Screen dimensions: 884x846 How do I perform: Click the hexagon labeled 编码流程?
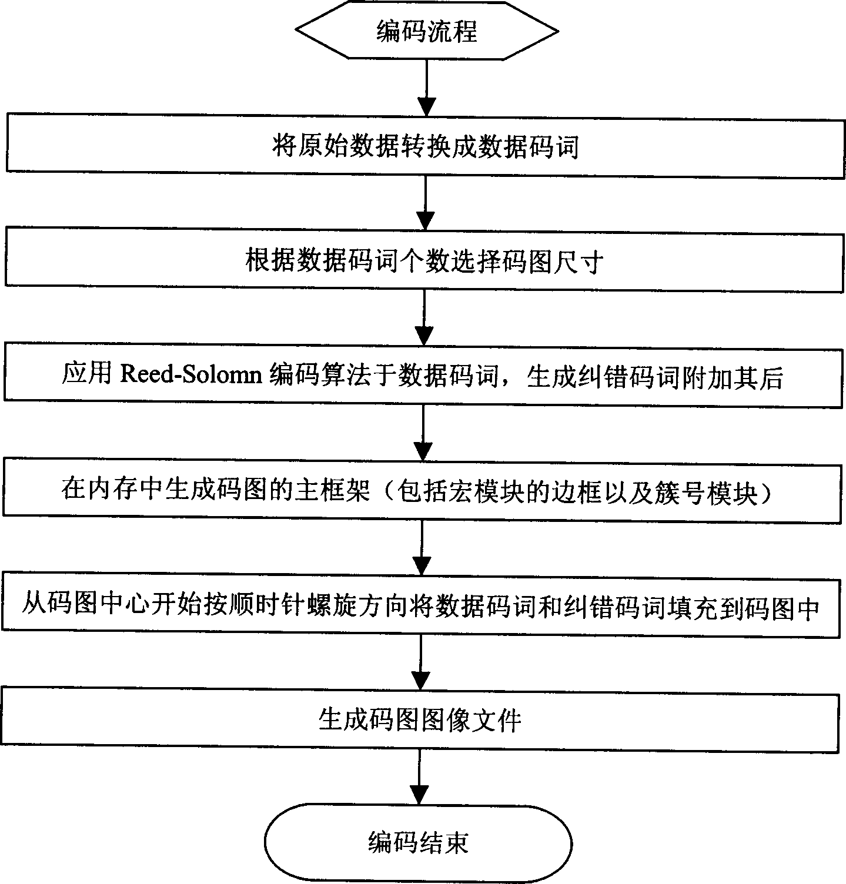(427, 31)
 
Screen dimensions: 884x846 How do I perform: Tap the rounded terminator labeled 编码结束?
(418, 843)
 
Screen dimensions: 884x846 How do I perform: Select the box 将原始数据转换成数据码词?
(424, 146)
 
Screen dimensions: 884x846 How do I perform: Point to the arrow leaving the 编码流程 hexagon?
(427, 86)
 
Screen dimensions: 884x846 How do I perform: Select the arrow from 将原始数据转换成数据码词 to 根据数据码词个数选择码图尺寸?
(425, 202)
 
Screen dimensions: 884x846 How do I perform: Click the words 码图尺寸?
(551, 261)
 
